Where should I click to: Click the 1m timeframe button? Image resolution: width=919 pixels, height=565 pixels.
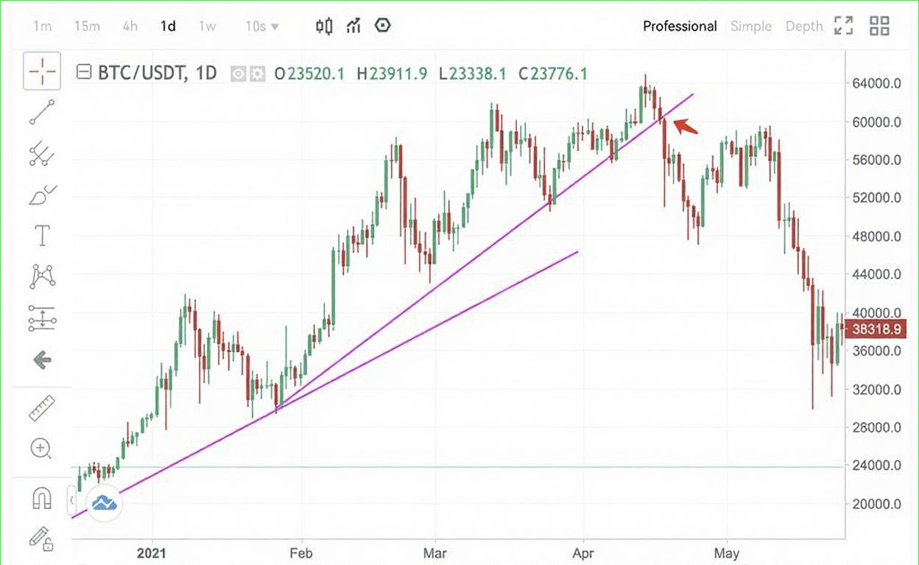(x=42, y=27)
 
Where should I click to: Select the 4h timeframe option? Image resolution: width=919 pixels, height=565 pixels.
(x=130, y=27)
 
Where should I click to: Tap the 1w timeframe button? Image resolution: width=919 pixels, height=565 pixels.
(x=207, y=27)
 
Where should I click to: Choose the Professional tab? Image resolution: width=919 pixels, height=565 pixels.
(x=679, y=27)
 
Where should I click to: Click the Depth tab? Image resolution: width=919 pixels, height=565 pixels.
(x=803, y=27)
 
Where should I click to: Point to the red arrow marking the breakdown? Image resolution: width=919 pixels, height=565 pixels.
(x=686, y=127)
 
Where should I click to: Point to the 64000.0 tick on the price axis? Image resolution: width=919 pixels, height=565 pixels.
(x=876, y=83)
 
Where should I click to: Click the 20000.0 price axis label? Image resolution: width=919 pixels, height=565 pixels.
(x=876, y=504)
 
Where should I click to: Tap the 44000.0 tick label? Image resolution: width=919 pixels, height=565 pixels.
(x=876, y=275)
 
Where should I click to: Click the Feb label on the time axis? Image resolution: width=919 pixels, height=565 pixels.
(x=300, y=552)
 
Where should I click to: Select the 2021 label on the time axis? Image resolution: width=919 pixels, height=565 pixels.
(x=152, y=552)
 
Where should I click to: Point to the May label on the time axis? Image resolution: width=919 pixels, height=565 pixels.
(x=727, y=552)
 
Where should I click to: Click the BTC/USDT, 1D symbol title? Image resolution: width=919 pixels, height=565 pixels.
(x=157, y=73)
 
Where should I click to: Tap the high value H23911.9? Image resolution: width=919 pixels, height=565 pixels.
(x=391, y=73)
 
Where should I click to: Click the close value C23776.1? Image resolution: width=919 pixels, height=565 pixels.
(x=552, y=73)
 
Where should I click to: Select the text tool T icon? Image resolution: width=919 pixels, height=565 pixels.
(x=42, y=236)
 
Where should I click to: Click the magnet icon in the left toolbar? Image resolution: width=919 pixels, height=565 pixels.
(x=42, y=499)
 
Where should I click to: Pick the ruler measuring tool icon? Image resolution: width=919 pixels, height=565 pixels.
(x=42, y=409)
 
